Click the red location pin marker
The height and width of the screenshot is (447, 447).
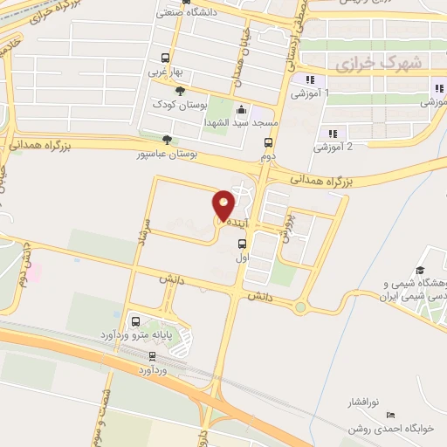(223, 204)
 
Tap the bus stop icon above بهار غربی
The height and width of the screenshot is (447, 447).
(161, 58)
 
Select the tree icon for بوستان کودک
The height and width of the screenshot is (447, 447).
(180, 91)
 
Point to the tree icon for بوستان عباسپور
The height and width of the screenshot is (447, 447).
(168, 138)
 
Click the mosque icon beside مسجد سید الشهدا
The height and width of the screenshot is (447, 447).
(242, 111)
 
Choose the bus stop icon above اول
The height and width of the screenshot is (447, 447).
(242, 244)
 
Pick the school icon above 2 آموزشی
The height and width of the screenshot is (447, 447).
(332, 133)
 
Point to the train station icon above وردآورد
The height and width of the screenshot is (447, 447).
(153, 355)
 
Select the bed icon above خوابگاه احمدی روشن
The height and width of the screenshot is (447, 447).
(390, 413)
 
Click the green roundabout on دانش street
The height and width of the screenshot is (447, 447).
(301, 306)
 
